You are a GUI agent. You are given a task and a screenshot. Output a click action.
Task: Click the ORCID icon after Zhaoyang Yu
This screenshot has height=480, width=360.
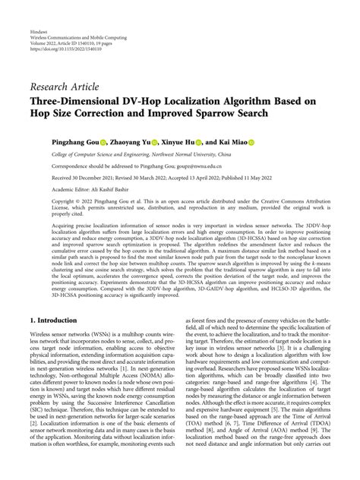pyautogui.click(x=155, y=142)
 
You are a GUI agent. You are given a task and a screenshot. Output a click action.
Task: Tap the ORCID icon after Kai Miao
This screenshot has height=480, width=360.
pyautogui.click(x=251, y=142)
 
